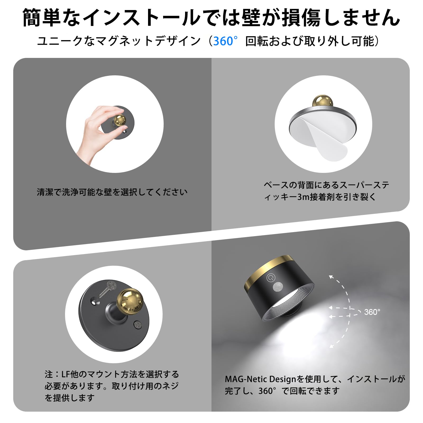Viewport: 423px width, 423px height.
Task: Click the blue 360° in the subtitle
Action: click(x=224, y=41)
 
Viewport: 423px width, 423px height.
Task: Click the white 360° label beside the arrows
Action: click(x=372, y=312)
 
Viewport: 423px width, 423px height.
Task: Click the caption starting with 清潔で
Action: click(x=112, y=192)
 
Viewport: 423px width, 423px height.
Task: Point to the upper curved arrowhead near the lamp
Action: click(x=331, y=277)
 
